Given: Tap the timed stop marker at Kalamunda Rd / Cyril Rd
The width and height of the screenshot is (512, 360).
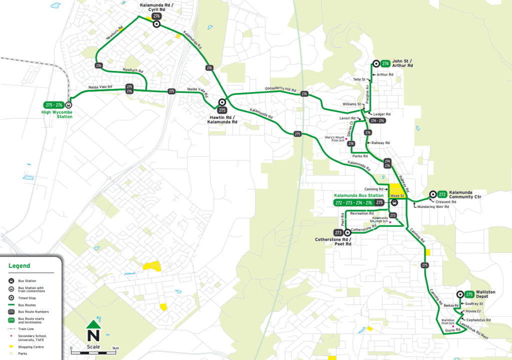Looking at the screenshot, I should (156, 24).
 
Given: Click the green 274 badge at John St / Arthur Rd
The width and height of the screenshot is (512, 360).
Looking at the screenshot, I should (385, 63).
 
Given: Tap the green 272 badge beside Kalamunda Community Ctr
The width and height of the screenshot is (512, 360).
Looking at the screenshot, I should (442, 194).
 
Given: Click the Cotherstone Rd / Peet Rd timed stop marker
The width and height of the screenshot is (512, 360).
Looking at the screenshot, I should (347, 232).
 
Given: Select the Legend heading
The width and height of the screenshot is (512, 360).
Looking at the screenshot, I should (19, 266).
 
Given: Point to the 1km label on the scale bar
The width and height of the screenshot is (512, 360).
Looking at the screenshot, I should (115, 348).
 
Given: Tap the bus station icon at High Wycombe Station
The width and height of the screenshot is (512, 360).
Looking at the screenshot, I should (68, 105).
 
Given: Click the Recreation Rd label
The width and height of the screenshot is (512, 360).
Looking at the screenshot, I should (362, 213).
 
